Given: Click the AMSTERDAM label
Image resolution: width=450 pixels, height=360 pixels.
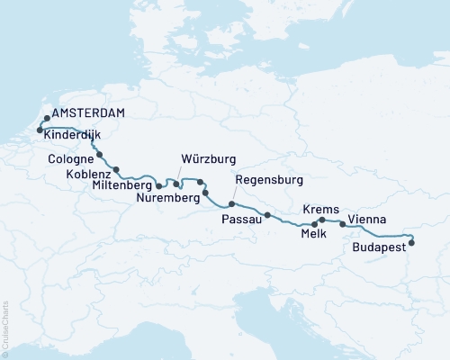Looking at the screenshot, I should (88, 114).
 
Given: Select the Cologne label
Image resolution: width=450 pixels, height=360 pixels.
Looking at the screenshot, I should (69, 160).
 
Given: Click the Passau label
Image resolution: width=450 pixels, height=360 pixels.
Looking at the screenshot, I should (243, 219).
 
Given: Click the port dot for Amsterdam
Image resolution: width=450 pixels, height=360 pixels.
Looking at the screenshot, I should (46, 117).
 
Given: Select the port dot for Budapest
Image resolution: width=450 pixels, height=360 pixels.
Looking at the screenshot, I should (411, 242).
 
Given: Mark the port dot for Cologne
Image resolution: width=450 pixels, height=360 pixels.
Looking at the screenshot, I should (99, 154).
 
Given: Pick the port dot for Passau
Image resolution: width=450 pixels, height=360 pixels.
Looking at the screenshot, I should (267, 214).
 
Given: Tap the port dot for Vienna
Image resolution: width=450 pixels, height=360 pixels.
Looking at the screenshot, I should (342, 224).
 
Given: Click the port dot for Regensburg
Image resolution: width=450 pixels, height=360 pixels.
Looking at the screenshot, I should (231, 204).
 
